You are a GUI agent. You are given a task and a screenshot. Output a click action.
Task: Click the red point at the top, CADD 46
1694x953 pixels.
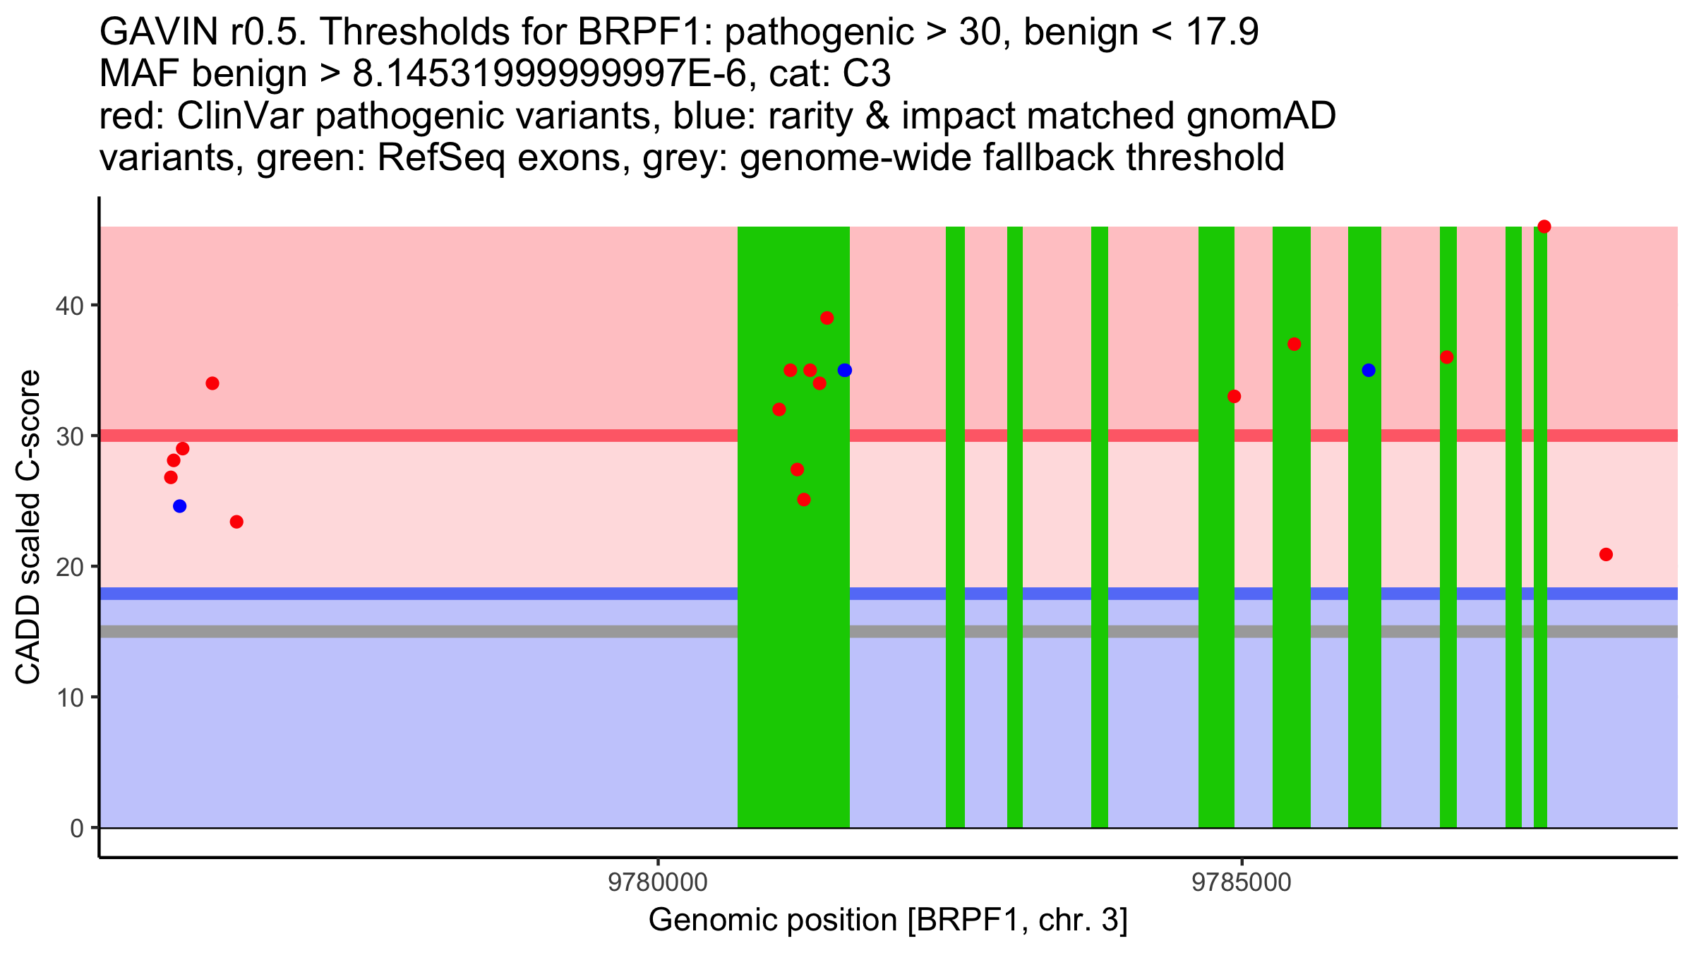coord(1544,227)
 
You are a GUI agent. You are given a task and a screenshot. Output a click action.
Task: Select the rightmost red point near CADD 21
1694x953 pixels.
coord(1606,554)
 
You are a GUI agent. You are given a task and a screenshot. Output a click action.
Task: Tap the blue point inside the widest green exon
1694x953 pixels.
coord(844,370)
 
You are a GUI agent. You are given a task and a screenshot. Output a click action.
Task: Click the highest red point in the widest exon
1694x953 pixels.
coord(827,318)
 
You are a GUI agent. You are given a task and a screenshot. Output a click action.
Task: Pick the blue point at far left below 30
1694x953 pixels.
coord(180,506)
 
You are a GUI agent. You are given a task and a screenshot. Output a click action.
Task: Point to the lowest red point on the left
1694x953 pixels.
coord(236,522)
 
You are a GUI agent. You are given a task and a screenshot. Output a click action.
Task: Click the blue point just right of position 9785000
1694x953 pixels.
coord(1369,370)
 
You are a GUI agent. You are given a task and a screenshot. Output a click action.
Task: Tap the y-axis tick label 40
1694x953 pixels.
coord(70,306)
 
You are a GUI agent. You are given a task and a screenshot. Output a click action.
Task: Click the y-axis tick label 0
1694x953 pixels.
coord(77,828)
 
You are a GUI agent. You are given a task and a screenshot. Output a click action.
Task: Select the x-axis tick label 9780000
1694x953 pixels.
coord(658,883)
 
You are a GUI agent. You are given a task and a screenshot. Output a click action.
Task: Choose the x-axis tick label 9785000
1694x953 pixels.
coord(1241,883)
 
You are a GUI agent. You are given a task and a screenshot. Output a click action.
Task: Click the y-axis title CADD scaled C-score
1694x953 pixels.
coord(28,527)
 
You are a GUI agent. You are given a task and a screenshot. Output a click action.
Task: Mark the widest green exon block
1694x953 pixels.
coord(793,635)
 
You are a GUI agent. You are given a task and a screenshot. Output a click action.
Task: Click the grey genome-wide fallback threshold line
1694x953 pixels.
coord(423,631)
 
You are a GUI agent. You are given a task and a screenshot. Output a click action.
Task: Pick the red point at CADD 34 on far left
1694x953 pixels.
coord(212,383)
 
